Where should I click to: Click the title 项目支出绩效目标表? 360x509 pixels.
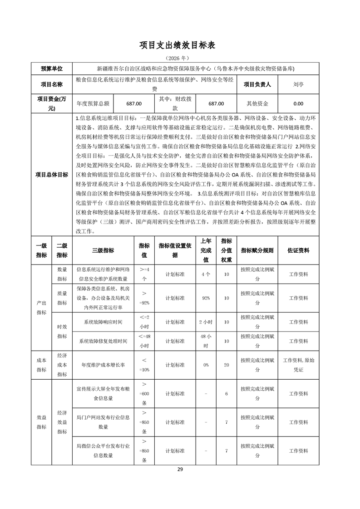click(x=180, y=45)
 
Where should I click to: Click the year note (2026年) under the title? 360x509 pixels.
click(x=180, y=58)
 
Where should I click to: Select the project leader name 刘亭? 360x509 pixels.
click(x=298, y=84)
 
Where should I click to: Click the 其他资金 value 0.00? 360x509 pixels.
click(x=298, y=103)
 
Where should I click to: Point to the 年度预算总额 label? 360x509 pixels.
click(x=94, y=103)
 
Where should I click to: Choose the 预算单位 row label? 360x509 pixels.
click(x=52, y=69)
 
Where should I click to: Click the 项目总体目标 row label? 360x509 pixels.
click(x=52, y=174)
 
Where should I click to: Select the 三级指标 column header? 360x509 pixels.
click(x=103, y=250)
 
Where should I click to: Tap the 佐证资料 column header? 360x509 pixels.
click(x=298, y=250)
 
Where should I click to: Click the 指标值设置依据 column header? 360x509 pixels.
click(x=175, y=250)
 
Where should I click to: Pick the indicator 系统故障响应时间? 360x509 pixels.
click(x=103, y=322)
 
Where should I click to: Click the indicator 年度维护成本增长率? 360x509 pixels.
click(x=103, y=364)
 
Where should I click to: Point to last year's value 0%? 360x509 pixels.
click(x=206, y=364)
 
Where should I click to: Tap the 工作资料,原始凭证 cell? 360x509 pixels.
click(x=298, y=364)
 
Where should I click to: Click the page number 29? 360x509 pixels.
click(x=180, y=469)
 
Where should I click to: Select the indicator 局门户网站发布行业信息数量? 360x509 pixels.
click(x=103, y=422)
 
